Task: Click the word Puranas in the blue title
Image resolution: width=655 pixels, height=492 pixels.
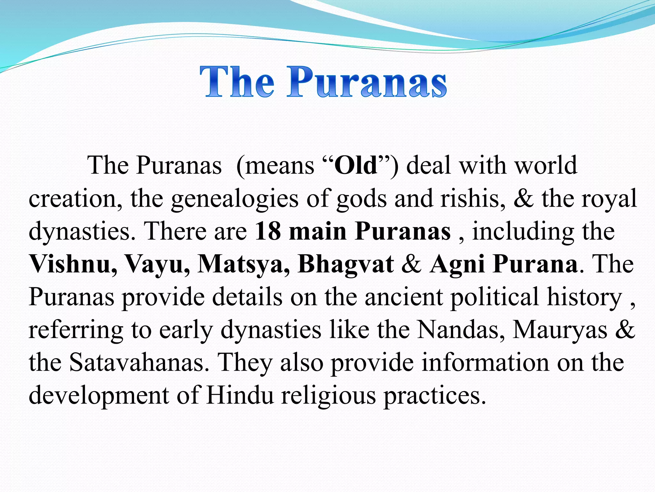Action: click(x=367, y=82)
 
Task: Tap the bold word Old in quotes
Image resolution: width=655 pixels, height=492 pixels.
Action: click(x=355, y=166)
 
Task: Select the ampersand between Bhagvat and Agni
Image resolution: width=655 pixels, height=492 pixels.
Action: click(x=412, y=264)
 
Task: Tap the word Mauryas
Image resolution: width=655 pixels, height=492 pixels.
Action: click(x=560, y=330)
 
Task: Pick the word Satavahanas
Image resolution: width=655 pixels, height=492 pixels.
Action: click(x=139, y=363)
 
